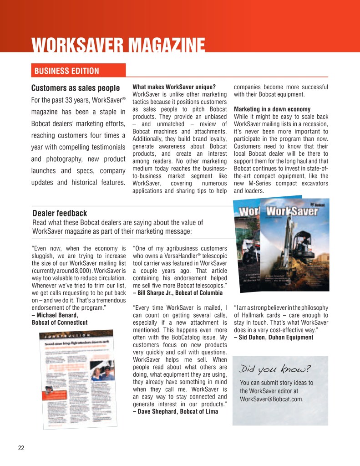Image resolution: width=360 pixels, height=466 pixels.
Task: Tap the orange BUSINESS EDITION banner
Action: (66, 71)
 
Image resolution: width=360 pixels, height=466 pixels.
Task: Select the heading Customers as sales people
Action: (76, 88)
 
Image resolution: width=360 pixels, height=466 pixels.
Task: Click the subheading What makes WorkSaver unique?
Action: (174, 87)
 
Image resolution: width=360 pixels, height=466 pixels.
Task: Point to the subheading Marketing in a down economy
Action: (272, 109)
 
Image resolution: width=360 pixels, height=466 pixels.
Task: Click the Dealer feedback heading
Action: (60, 213)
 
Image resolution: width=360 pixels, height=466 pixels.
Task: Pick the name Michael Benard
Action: (55, 315)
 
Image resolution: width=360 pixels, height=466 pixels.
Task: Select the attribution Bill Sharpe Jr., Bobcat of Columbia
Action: (178, 292)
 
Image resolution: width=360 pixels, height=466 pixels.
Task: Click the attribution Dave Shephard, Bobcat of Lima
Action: (175, 411)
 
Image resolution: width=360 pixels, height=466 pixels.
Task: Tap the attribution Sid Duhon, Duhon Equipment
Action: (274, 338)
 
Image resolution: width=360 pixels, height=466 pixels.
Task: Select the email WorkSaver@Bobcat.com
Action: (271, 399)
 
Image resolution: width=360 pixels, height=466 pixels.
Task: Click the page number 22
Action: (21, 447)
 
